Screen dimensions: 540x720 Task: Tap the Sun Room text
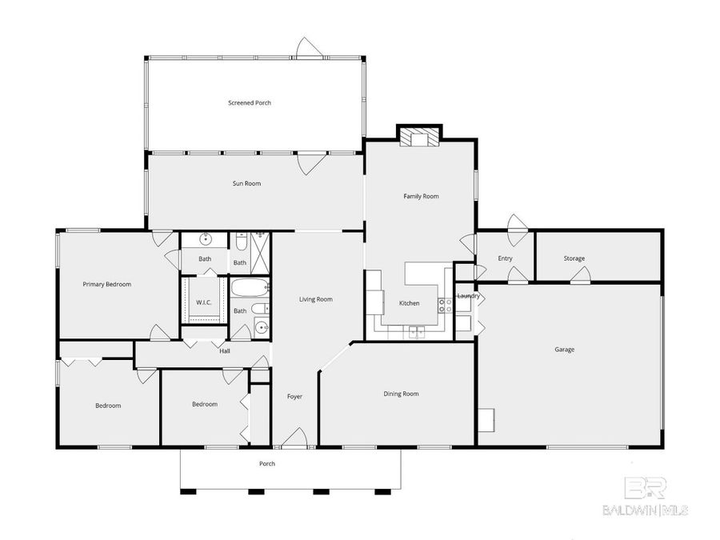(x=246, y=183)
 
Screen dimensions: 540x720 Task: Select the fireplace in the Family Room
(x=420, y=137)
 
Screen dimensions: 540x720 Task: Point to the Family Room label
(x=421, y=196)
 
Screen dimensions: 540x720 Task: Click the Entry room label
(x=505, y=258)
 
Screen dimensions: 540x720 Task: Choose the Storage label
(x=574, y=258)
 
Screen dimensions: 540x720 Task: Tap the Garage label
(x=564, y=349)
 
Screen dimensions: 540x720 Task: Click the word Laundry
(x=468, y=296)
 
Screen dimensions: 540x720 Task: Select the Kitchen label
(x=409, y=303)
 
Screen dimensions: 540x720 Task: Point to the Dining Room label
(x=401, y=394)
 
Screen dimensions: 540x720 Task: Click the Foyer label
(x=294, y=396)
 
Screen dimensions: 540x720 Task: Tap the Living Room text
(x=315, y=299)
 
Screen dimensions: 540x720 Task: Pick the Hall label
(x=225, y=350)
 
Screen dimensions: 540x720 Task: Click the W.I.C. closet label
(x=203, y=302)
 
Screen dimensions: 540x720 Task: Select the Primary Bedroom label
(x=107, y=284)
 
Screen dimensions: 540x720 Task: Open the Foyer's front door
(x=294, y=438)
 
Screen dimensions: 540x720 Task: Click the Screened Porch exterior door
(x=309, y=49)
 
